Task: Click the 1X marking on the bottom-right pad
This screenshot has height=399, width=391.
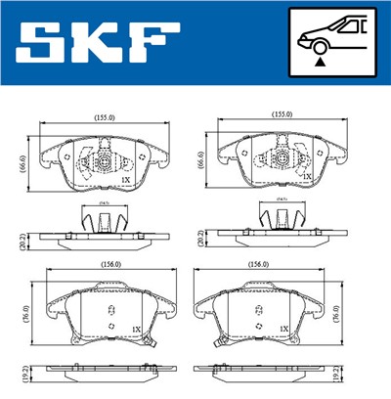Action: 282,329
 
